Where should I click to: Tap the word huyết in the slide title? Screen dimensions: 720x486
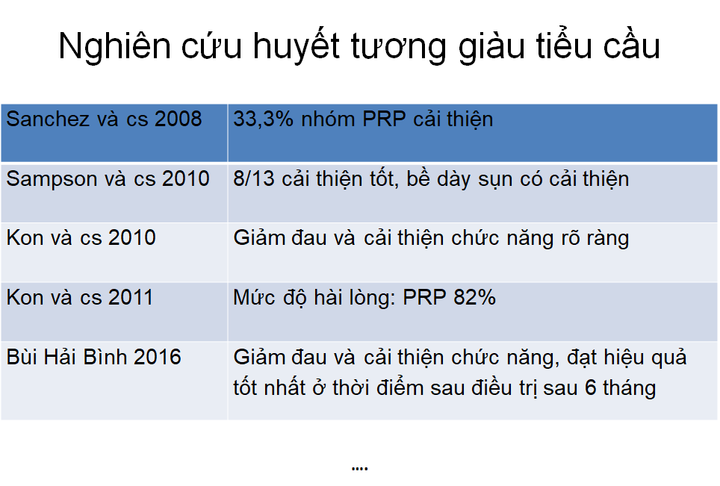(x=297, y=46)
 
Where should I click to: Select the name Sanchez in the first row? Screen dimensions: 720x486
(x=48, y=119)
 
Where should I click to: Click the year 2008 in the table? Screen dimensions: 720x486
(x=179, y=119)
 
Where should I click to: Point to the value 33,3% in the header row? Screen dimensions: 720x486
(x=263, y=119)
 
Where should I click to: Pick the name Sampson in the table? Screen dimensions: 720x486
(x=52, y=179)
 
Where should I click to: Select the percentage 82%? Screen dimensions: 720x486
(x=475, y=297)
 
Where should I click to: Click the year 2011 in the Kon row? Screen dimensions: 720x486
(x=131, y=297)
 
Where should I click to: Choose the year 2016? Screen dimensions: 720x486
(x=158, y=357)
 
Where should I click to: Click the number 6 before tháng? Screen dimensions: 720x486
(x=591, y=387)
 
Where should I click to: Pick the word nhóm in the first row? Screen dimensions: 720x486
(x=328, y=119)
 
